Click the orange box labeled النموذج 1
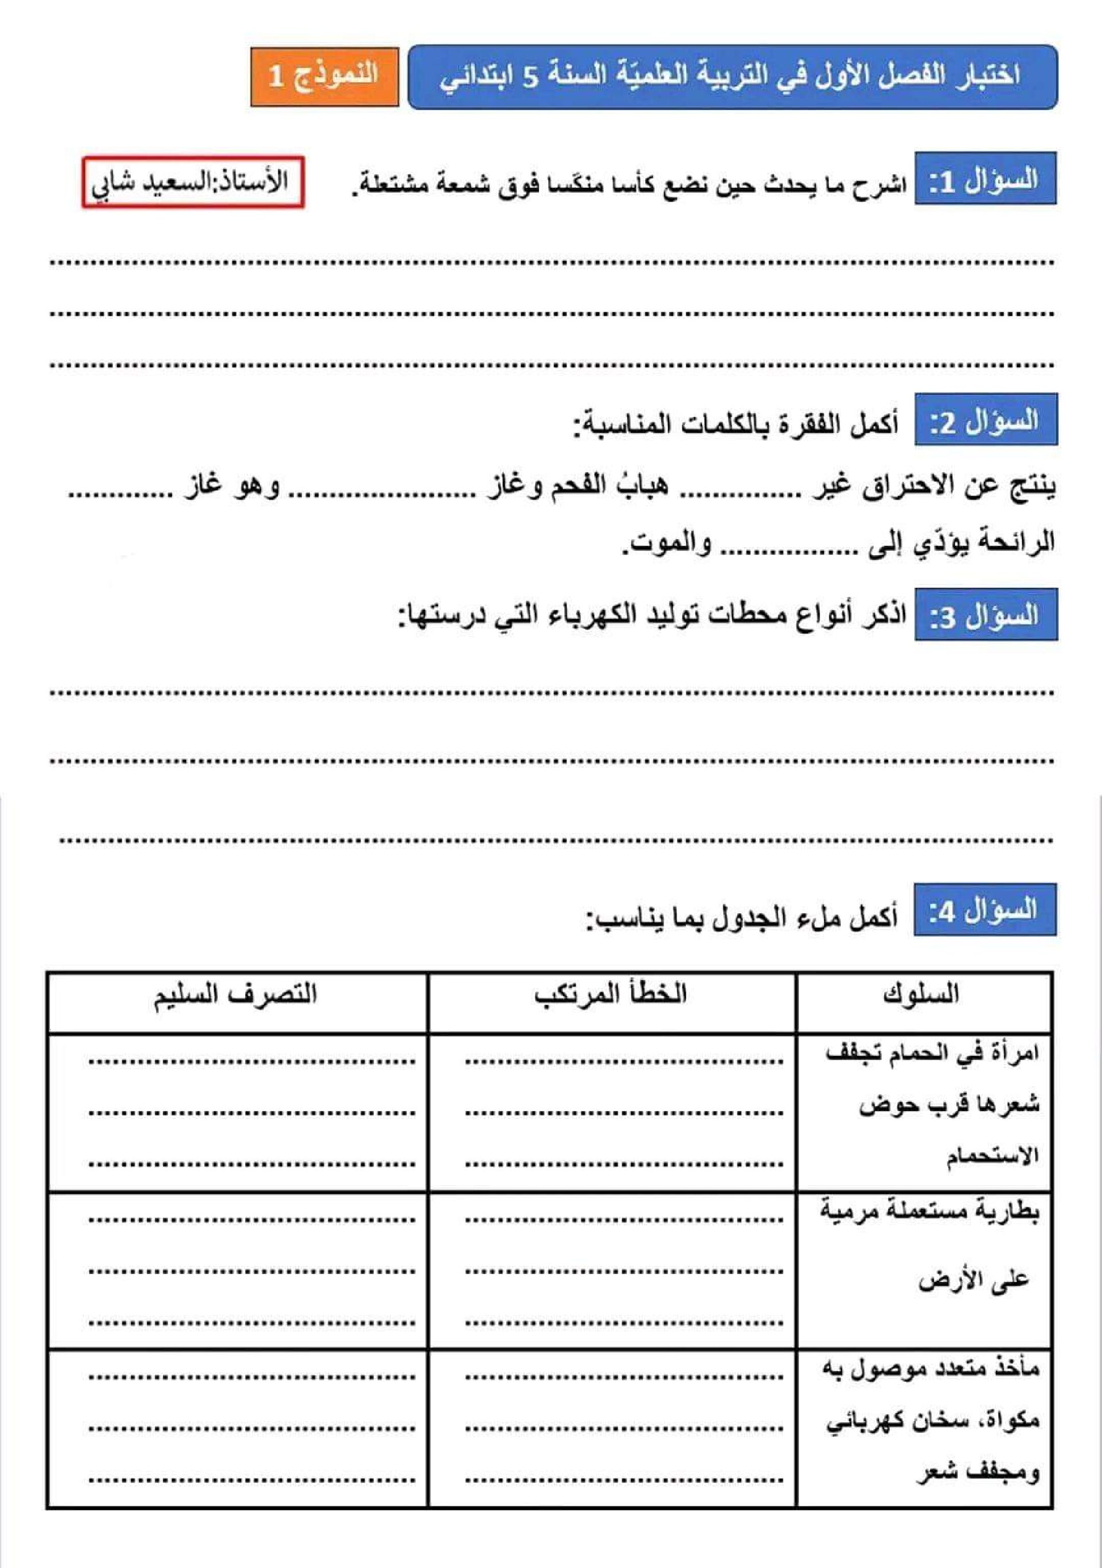click(324, 76)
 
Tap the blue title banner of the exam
click(732, 77)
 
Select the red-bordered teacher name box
click(193, 183)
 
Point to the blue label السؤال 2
click(985, 421)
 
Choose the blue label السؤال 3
click(985, 615)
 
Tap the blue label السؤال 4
click(985, 911)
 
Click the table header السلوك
click(921, 994)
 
